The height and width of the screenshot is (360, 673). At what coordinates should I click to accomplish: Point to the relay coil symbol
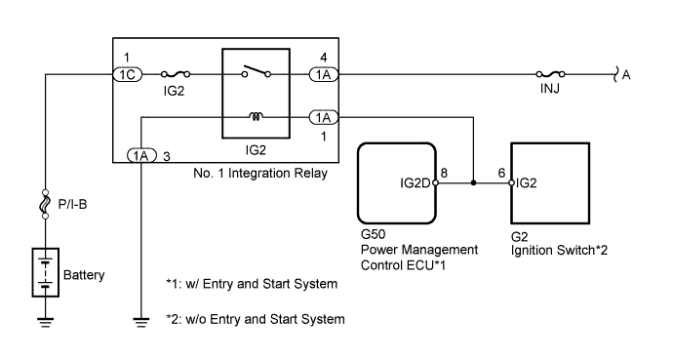pos(257,116)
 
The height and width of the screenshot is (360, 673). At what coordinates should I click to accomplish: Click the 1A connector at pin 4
pos(323,73)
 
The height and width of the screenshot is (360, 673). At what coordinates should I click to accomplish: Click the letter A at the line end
pos(626,73)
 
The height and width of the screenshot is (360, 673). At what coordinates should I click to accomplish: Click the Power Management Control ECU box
pos(399,182)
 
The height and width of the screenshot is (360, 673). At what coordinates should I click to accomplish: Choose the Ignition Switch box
pos(551,182)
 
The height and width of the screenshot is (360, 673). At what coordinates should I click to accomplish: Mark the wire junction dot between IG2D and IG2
pos(474,182)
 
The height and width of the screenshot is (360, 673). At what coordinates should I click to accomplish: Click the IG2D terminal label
pos(416,182)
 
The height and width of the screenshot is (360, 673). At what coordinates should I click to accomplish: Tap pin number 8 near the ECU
pos(444,172)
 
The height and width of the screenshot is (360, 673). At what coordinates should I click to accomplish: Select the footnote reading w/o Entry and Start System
pos(256,319)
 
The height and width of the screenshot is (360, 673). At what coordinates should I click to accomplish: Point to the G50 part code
pos(373,236)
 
